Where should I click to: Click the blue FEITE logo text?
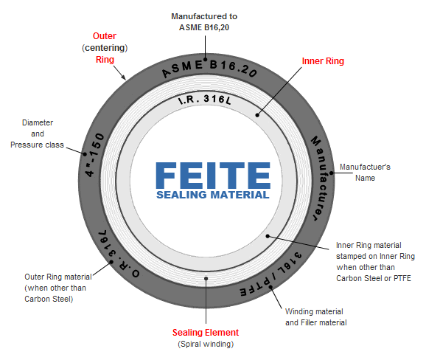point(213,176)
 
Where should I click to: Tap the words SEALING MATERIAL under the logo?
point(213,195)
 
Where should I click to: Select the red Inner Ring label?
point(323,61)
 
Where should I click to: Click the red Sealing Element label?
point(206,333)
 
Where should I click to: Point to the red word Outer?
point(105,36)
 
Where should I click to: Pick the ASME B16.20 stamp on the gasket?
point(209,69)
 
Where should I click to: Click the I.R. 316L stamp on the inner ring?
point(205,100)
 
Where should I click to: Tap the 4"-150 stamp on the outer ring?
point(94,155)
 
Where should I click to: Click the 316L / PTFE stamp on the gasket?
point(271,275)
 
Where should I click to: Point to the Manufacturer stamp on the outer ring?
point(321,178)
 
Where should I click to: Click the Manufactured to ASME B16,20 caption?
point(204,22)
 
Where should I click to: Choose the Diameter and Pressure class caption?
point(38,134)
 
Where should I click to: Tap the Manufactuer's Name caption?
point(365,173)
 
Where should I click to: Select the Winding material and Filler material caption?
point(316,317)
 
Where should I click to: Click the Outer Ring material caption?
point(58,288)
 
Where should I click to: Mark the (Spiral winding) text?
point(206,345)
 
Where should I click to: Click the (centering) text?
point(105,48)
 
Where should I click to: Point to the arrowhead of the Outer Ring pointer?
point(125,79)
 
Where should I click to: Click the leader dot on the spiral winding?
point(206,279)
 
